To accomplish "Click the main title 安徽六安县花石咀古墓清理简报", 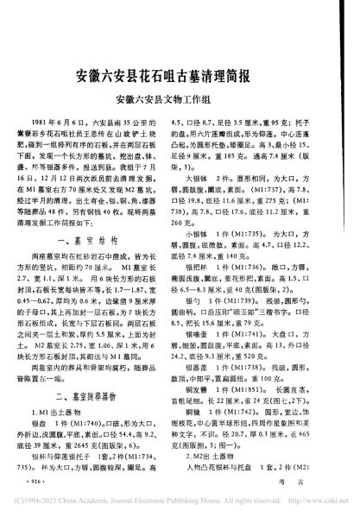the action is pos(180,75).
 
